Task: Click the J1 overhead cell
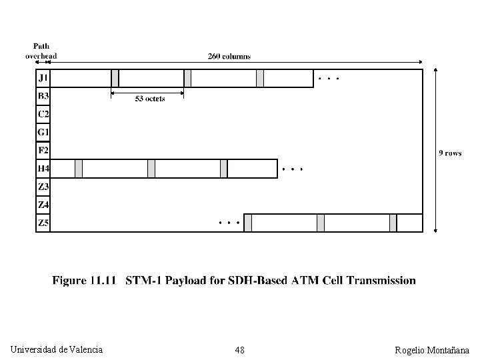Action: pos(43,78)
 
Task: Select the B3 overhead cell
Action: pos(43,96)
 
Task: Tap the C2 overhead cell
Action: pos(43,114)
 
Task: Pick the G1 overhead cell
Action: pos(43,132)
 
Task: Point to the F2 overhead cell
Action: pos(43,150)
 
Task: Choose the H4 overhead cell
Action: pos(43,169)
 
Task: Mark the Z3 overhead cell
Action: pos(43,187)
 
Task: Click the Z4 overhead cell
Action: pos(43,205)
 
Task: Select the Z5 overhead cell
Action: pos(43,223)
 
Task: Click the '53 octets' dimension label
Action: pos(149,99)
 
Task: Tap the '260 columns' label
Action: pos(229,57)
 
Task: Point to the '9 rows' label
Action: pos(450,153)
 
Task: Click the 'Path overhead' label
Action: pos(41,51)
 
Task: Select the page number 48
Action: pos(239,350)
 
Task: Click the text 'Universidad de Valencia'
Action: pos(57,349)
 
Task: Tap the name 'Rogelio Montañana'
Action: pos(432,350)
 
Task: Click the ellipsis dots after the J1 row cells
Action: pos(329,79)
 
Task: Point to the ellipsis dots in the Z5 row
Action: pos(229,221)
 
